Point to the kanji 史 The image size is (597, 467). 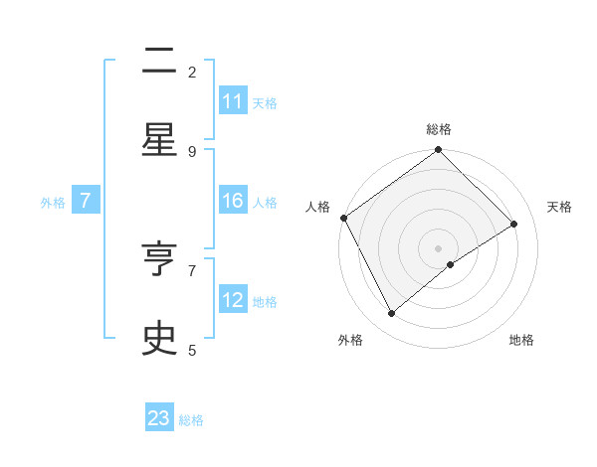[159, 339]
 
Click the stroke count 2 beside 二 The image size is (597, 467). [192, 73]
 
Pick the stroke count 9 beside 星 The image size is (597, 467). [192, 151]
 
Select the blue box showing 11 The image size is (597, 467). [233, 101]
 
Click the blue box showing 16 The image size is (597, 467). [233, 201]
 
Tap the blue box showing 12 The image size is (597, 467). [233, 300]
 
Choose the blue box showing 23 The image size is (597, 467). [159, 418]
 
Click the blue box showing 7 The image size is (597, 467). [86, 201]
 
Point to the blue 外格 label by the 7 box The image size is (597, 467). [53, 202]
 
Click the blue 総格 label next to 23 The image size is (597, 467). [191, 420]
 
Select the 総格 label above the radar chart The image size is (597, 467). [439, 129]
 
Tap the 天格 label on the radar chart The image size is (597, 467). [560, 207]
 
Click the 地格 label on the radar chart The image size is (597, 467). [521, 340]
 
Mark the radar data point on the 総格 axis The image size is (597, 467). [439, 151]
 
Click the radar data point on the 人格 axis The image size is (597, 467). [343, 218]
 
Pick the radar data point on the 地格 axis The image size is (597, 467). [451, 264]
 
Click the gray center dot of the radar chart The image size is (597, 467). [439, 247]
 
